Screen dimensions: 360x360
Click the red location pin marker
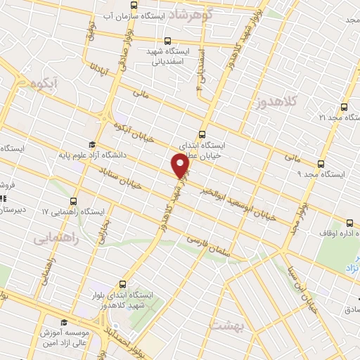(x=181, y=166)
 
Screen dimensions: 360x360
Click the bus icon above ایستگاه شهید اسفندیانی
(x=167, y=41)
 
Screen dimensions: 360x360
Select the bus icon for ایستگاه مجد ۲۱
(x=343, y=108)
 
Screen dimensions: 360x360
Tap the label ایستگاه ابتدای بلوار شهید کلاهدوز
(x=124, y=301)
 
